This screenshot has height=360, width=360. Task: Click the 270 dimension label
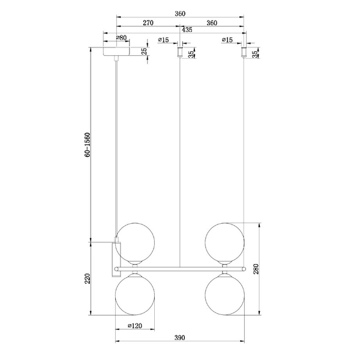(148, 23)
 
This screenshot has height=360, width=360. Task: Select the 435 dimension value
(187, 29)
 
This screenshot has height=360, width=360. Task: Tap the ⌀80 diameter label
(121, 38)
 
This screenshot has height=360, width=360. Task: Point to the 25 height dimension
(144, 52)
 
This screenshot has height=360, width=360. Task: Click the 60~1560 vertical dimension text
(88, 145)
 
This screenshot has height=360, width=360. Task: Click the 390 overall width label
(179, 338)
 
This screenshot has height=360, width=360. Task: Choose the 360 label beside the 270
(211, 23)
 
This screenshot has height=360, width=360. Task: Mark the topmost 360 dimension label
(179, 12)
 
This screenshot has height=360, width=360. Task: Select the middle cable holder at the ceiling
(179, 53)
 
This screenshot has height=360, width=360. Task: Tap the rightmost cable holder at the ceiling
(243, 53)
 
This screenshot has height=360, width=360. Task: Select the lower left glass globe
(135, 294)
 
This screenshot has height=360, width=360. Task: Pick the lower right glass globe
(224, 294)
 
